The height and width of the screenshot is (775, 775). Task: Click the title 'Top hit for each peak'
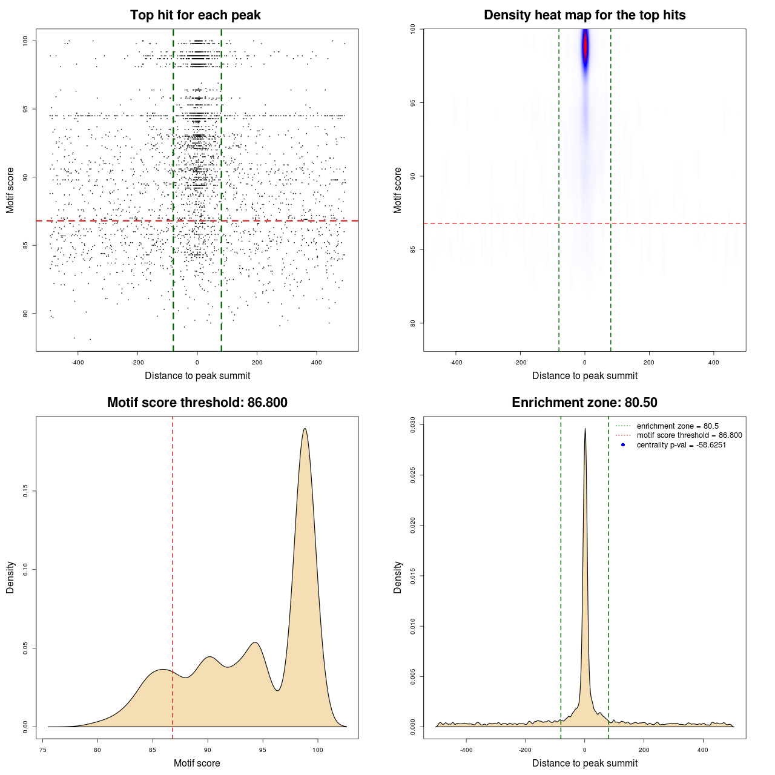pyautogui.click(x=196, y=15)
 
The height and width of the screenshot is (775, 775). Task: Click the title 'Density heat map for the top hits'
pyautogui.click(x=584, y=15)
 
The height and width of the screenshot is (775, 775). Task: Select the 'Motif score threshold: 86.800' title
pyautogui.click(x=197, y=403)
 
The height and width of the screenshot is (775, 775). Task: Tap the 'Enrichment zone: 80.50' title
pyautogui.click(x=584, y=403)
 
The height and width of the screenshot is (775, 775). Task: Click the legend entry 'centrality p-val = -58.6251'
pyautogui.click(x=681, y=445)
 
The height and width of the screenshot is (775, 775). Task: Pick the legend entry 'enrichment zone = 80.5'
pyautogui.click(x=678, y=426)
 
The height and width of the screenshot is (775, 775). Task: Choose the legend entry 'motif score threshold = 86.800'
pyautogui.click(x=689, y=435)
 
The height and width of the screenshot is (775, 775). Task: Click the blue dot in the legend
pyautogui.click(x=623, y=445)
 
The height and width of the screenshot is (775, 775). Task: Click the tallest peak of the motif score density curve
pyautogui.click(x=305, y=429)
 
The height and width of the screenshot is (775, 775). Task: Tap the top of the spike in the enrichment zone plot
pyautogui.click(x=585, y=429)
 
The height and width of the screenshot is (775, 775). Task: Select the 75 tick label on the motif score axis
pyautogui.click(x=42, y=750)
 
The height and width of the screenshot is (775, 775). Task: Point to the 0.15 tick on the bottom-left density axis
pyautogui.click(x=25, y=491)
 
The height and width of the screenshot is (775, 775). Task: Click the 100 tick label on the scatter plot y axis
pyautogui.click(x=25, y=41)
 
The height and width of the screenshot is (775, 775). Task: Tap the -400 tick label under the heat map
pyautogui.click(x=456, y=363)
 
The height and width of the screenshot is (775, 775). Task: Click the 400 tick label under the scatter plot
pyautogui.click(x=317, y=363)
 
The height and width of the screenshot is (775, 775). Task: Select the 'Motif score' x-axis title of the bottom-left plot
pyautogui.click(x=197, y=763)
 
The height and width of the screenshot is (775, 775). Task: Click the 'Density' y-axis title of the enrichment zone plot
pyautogui.click(x=398, y=577)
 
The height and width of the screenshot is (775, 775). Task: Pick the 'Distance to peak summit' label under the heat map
pyautogui.click(x=585, y=375)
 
